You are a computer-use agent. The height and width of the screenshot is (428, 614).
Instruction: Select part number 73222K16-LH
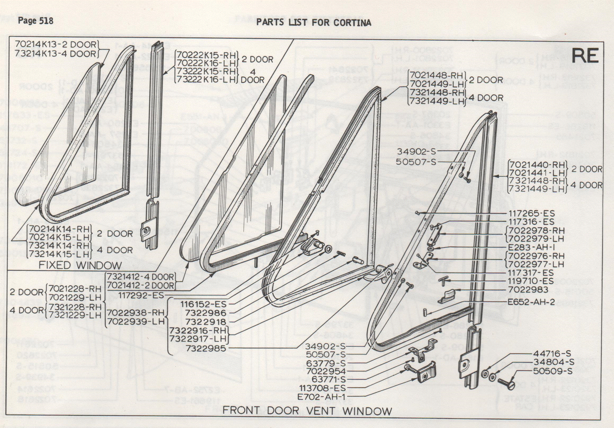tap(206, 80)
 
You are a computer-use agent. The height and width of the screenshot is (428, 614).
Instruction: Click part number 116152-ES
tap(203, 304)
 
